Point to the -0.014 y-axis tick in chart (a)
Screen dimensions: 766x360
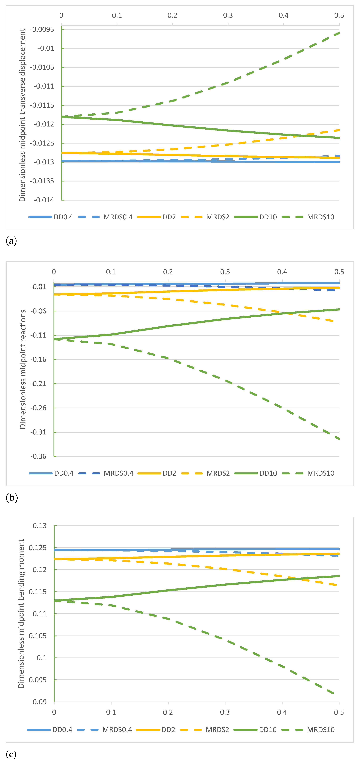tap(44, 200)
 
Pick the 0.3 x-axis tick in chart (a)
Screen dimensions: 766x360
tap(228, 15)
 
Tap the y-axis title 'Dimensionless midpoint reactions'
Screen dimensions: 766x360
tap(23, 369)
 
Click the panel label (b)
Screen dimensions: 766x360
tap(12, 497)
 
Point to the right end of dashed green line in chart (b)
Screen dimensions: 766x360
tap(339, 439)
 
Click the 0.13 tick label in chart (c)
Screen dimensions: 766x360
tap(40, 526)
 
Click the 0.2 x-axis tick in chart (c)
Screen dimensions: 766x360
tap(168, 712)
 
